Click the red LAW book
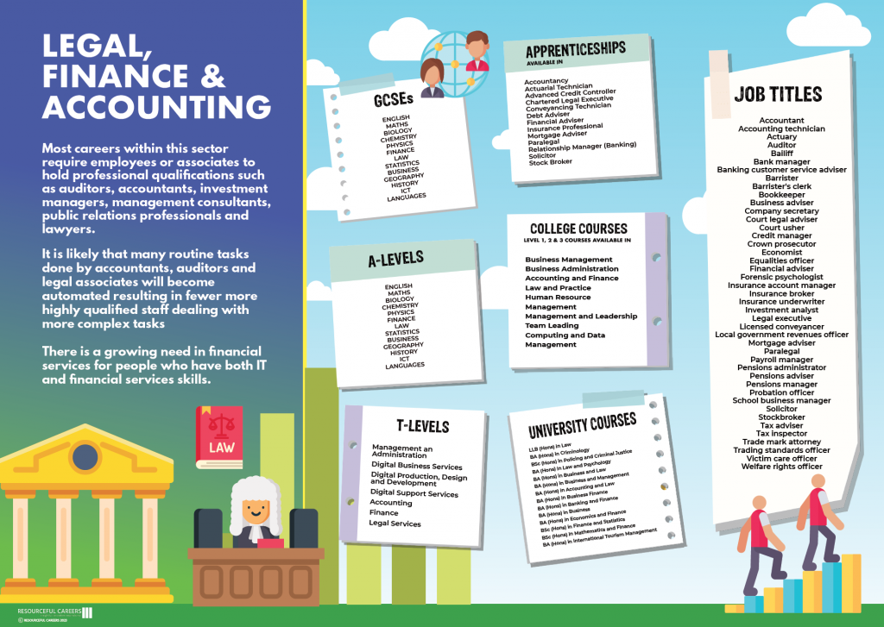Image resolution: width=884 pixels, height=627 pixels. click(x=220, y=436)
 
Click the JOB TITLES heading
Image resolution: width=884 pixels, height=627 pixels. click(x=778, y=94)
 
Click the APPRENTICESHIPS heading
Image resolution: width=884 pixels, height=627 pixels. click(x=575, y=50)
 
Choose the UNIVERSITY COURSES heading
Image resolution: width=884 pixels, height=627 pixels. click(x=583, y=424)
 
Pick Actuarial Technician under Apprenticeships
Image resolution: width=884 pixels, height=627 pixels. click(x=559, y=86)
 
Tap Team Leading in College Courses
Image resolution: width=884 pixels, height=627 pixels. click(x=552, y=326)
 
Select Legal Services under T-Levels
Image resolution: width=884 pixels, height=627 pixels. click(x=395, y=524)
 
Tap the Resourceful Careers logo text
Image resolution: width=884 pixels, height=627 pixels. click(x=49, y=611)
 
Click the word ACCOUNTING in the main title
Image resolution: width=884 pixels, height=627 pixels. click(x=157, y=107)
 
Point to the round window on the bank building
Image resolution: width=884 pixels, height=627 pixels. click(x=85, y=454)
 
